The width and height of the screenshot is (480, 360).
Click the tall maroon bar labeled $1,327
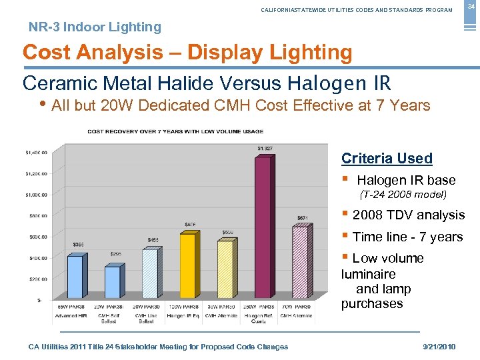264,227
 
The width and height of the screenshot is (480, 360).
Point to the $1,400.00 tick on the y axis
36,153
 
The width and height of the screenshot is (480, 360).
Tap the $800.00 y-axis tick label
37,216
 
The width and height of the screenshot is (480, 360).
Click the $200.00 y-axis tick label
37,279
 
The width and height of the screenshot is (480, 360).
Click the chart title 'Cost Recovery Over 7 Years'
175,131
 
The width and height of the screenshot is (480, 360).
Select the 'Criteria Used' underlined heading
387,159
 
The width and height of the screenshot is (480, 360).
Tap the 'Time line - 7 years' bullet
407,237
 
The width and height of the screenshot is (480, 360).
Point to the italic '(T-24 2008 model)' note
403,195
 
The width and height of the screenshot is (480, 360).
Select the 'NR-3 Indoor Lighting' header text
95,27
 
